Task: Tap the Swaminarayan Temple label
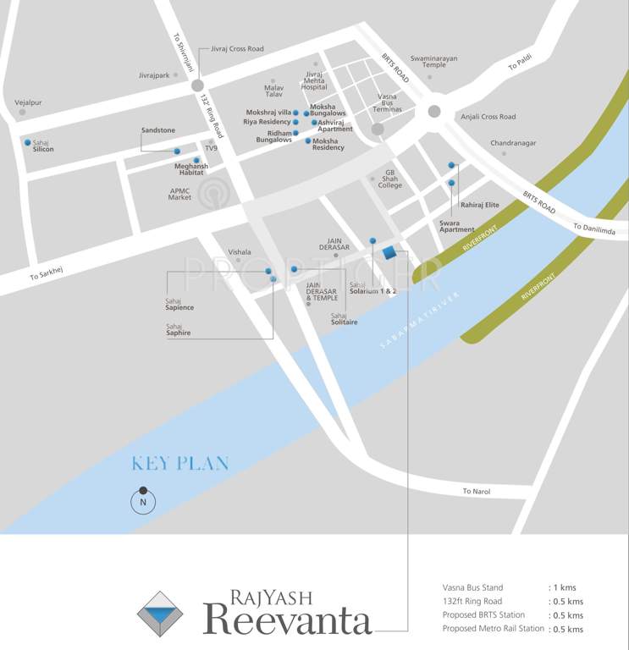click(x=433, y=61)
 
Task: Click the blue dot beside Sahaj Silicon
click(x=28, y=142)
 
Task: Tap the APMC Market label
click(x=179, y=194)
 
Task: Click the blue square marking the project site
click(x=389, y=253)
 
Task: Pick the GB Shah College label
click(x=390, y=181)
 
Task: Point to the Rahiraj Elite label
click(x=480, y=205)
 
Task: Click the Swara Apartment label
click(x=457, y=227)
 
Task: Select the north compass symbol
click(x=143, y=501)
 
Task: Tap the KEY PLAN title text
click(x=179, y=464)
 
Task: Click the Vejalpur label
click(x=28, y=102)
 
